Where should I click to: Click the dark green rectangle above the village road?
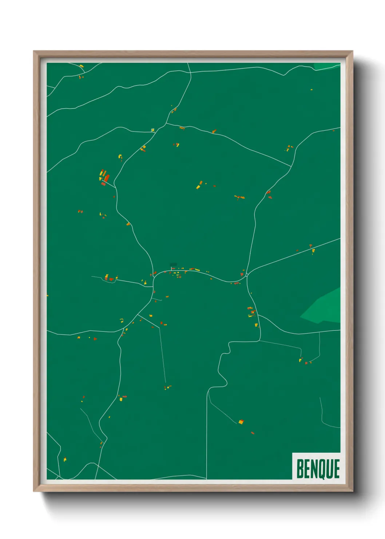coord(173,265)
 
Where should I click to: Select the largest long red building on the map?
coord(107,178)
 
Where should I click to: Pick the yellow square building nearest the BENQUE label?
coord(241,422)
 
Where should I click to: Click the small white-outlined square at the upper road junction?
coord(153,130)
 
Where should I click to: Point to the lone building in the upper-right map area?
coord(311,89)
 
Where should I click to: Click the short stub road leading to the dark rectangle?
coord(171,269)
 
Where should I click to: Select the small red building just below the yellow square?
coord(252,433)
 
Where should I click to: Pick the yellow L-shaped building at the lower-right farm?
coord(301,360)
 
